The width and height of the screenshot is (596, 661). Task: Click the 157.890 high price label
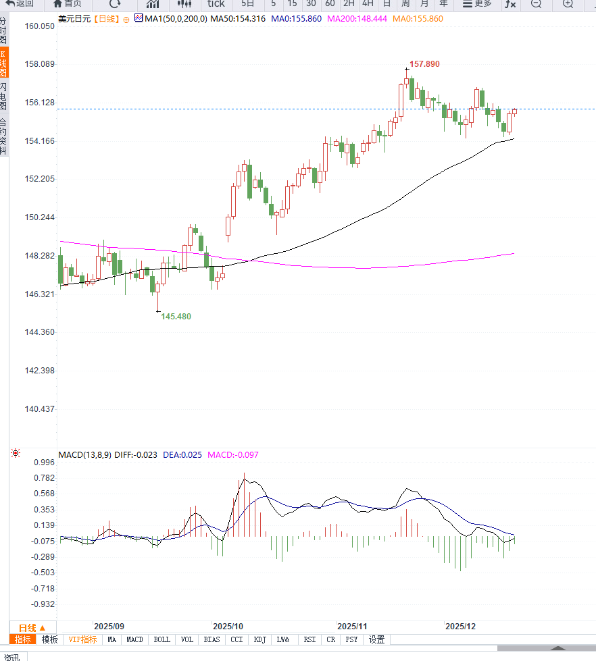click(x=424, y=64)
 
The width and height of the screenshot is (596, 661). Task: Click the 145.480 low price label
click(x=176, y=317)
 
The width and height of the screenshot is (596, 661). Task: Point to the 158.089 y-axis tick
click(x=39, y=64)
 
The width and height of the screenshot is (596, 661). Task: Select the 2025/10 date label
click(x=227, y=627)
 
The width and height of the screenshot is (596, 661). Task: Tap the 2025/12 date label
click(x=460, y=627)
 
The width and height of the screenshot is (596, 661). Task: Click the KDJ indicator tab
click(x=260, y=639)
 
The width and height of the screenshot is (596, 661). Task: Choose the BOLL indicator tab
click(x=162, y=639)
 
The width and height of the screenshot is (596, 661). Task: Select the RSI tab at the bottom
click(x=309, y=639)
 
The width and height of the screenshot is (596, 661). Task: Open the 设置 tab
click(x=376, y=639)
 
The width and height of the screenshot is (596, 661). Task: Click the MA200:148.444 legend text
click(x=357, y=19)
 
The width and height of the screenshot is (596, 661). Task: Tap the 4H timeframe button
click(x=368, y=4)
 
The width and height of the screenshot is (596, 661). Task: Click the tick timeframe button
click(x=216, y=4)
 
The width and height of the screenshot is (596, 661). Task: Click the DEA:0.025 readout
click(x=182, y=455)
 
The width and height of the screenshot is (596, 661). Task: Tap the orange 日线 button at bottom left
click(x=32, y=627)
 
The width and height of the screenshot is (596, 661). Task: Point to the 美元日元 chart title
click(x=74, y=19)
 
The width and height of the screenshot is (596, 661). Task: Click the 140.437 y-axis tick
click(x=39, y=409)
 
